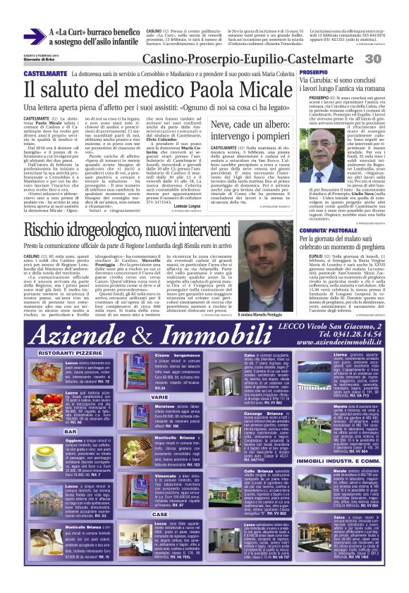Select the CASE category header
pos(161,494)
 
